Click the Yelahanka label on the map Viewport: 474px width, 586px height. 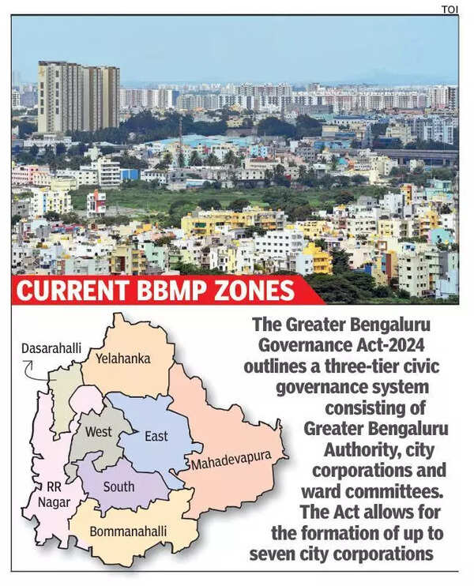click(122, 358)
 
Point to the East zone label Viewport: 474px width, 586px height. click(156, 436)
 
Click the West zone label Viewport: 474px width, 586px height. click(99, 432)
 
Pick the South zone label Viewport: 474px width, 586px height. click(118, 486)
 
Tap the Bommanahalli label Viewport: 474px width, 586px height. click(128, 532)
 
